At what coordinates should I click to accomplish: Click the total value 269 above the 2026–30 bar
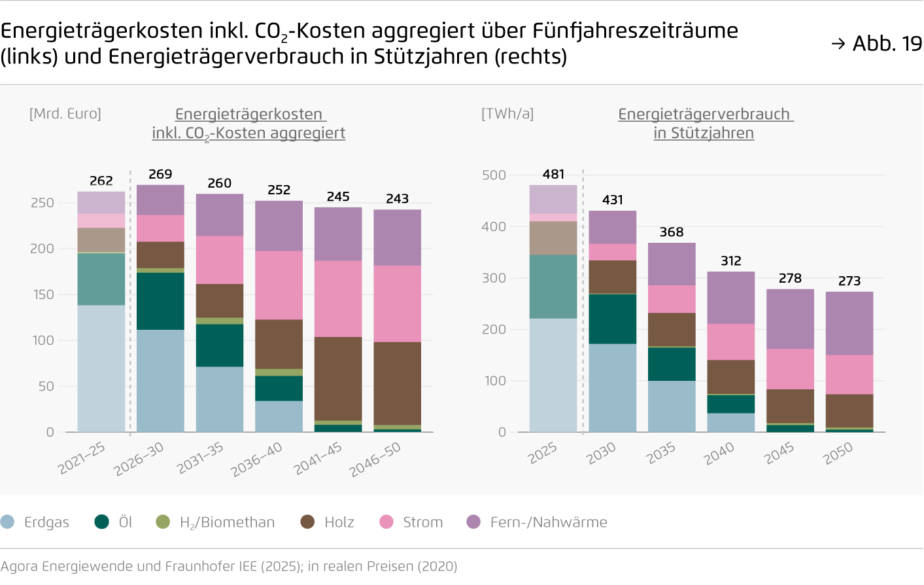[160, 174]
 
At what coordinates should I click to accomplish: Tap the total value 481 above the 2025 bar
[553, 174]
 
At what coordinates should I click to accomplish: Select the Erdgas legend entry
[35, 522]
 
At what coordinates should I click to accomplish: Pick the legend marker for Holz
[307, 522]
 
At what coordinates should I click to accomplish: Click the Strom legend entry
[411, 522]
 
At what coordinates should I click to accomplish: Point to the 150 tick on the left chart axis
[43, 294]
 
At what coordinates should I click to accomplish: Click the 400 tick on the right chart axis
[494, 226]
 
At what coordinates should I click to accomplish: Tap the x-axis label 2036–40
[257, 459]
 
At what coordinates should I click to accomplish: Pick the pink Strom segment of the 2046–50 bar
[398, 304]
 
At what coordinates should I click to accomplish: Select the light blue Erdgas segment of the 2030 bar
[613, 387]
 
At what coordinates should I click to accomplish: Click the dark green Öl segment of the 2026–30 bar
[160, 301]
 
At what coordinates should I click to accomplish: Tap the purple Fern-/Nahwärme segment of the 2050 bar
[849, 323]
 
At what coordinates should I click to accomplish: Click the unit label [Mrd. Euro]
[65, 114]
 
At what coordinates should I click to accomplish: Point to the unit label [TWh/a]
[507, 114]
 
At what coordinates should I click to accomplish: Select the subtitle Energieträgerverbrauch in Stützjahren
[704, 123]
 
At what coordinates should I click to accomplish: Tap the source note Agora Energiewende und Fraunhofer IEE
[229, 566]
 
